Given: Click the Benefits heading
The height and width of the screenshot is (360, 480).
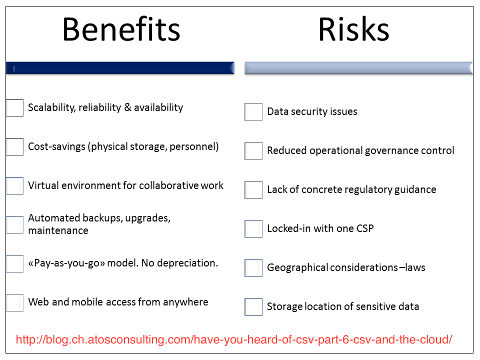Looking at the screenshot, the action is tap(121, 29).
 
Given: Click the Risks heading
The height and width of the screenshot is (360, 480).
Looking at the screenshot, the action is tap(353, 29).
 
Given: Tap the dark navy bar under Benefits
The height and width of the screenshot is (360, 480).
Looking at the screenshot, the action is tap(120, 68).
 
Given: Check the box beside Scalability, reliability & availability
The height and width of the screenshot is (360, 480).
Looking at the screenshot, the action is tap(14, 108).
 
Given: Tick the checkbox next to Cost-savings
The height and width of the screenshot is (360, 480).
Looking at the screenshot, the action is tap(14, 146).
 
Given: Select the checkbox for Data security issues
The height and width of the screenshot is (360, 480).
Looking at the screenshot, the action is tap(253, 112).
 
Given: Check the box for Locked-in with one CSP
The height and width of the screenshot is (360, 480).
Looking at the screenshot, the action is tap(253, 229).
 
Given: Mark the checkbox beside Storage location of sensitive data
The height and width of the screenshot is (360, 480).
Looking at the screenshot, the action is tap(253, 306).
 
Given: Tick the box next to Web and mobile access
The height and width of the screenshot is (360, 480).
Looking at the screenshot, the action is tap(14, 303).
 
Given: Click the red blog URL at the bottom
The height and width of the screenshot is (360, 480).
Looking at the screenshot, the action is tap(234, 339).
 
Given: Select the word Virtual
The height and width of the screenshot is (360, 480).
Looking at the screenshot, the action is tap(43, 185).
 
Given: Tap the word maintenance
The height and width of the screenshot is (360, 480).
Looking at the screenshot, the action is tap(58, 230).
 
